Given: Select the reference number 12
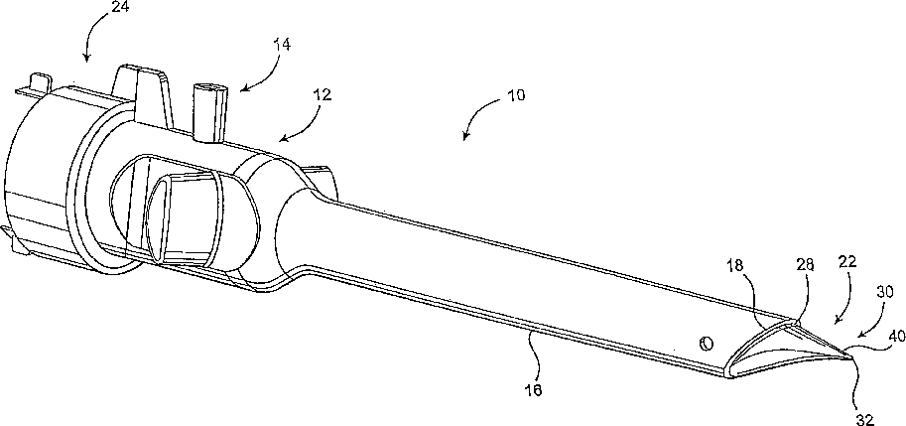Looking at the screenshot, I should pos(322,95).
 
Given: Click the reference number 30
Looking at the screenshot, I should pos(885,292).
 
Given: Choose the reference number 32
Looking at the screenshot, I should pos(865,418).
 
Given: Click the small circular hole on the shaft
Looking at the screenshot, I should pos(706,343).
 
